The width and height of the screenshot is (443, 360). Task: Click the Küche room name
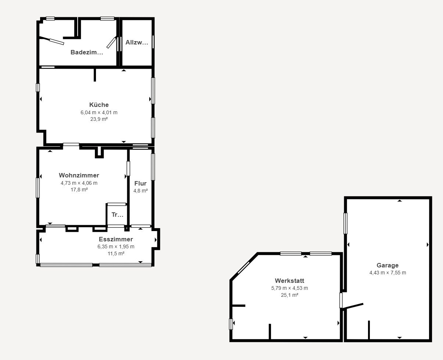coord(99,105)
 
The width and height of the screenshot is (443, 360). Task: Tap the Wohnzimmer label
coord(79,175)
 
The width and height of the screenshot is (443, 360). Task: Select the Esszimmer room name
coord(116,239)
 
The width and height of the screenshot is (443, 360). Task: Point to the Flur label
coord(140,183)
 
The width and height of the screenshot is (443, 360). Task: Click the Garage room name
coord(387,265)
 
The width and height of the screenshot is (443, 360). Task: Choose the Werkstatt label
coord(289,281)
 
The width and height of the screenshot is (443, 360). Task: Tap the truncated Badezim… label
coord(87,52)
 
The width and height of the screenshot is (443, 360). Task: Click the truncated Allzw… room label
coord(137,42)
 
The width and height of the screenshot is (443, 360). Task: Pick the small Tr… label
coord(117,215)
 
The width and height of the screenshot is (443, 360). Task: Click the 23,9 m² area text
coord(99,119)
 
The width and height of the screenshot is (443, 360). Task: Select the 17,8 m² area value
coord(79,190)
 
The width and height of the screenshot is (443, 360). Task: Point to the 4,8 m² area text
coord(140,191)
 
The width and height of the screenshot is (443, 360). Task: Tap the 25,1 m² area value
coord(289,295)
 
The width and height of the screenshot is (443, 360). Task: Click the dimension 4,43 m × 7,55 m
coord(388,273)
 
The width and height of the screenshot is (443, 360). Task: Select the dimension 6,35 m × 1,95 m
coord(116,246)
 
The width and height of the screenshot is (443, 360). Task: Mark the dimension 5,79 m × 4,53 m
coord(289,288)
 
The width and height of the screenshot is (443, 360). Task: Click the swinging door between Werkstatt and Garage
coord(353,306)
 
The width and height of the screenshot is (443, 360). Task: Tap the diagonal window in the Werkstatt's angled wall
coord(243,267)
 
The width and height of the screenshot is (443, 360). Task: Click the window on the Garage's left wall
coord(346,223)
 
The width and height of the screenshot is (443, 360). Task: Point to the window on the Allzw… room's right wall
coord(153,42)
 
